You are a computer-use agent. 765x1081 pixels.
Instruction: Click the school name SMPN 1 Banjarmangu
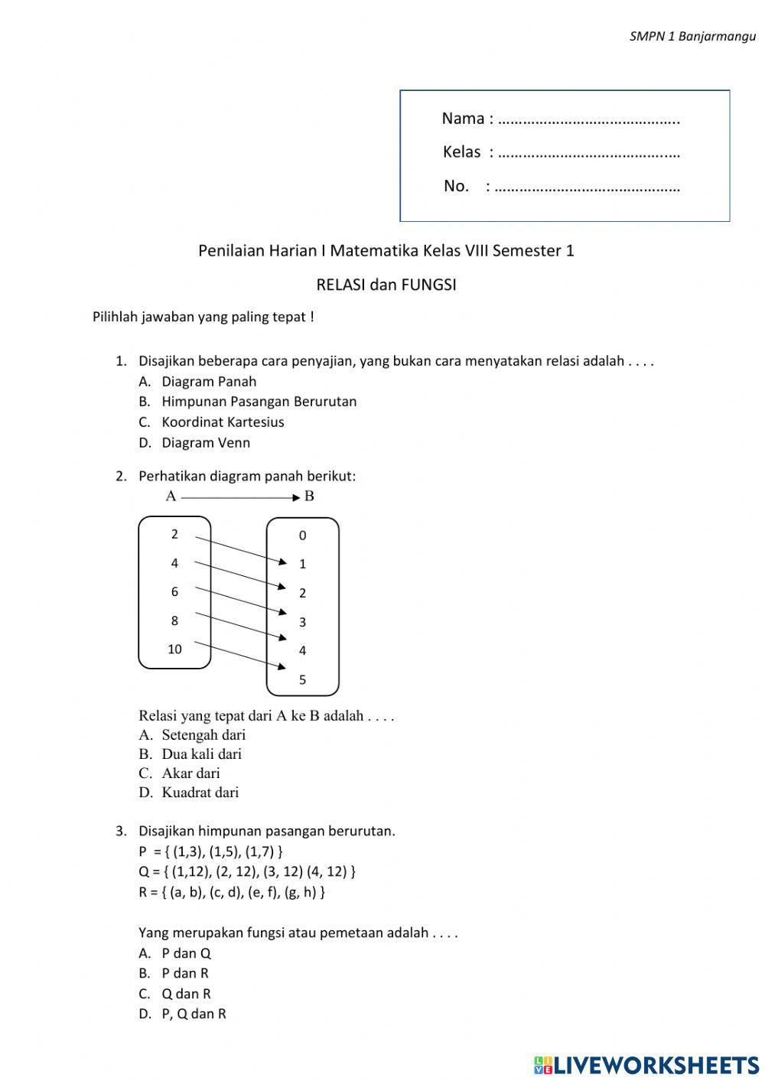tap(692, 36)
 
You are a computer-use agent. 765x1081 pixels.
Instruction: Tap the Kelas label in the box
tap(461, 152)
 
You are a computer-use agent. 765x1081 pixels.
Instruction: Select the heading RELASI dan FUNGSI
tap(386, 285)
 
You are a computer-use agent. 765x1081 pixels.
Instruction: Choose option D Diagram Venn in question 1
tap(205, 443)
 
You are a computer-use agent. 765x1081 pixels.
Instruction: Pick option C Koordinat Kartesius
tap(222, 422)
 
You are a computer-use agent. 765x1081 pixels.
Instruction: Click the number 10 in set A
tap(174, 650)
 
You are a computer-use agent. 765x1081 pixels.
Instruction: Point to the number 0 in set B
tap(302, 536)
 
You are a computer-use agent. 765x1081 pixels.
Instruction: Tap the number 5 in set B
tap(302, 679)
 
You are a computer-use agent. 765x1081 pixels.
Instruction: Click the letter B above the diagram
tap(309, 497)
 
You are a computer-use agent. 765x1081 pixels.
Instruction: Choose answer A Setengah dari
tap(203, 735)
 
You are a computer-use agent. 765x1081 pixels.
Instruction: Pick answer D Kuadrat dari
tap(200, 793)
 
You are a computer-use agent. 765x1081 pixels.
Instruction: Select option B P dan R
tap(184, 973)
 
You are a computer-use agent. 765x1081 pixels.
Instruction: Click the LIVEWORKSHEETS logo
tap(646, 1065)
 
